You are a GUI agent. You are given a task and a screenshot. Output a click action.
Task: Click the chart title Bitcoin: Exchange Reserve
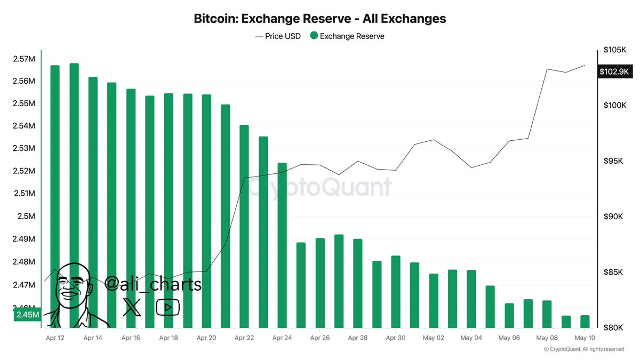[x=319, y=19]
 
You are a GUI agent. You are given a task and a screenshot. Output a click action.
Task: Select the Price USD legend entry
[x=278, y=36]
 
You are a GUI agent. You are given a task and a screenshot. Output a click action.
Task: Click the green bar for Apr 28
[x=358, y=283]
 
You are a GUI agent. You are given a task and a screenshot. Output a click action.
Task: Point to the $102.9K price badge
[x=614, y=71]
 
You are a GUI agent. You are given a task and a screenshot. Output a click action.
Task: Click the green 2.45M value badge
[x=27, y=315]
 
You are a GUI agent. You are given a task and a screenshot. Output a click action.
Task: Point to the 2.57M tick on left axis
[x=24, y=59]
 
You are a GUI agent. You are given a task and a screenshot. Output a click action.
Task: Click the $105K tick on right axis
[x=614, y=50]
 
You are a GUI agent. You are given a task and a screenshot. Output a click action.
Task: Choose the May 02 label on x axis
[x=433, y=338]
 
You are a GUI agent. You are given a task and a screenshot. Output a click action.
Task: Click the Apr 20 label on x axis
[x=206, y=338]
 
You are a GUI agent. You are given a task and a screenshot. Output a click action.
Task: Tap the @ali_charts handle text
[x=153, y=284]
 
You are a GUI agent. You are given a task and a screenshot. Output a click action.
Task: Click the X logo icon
[x=132, y=307]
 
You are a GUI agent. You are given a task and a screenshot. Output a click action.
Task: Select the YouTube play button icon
[x=167, y=307]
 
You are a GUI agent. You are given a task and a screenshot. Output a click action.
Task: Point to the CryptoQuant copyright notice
[x=583, y=349]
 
